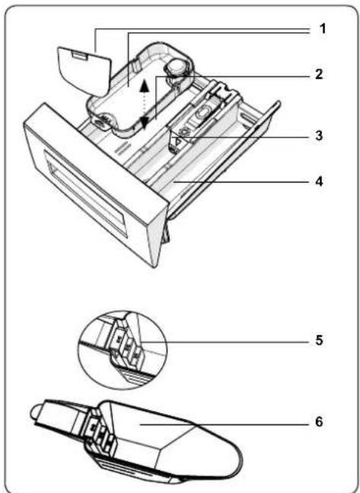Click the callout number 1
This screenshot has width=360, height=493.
[322, 29]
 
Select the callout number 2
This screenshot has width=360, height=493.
[319, 75]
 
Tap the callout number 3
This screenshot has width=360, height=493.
[319, 136]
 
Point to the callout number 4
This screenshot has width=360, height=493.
[319, 181]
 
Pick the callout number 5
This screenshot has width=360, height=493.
[319, 340]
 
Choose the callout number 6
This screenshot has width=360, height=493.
[319, 421]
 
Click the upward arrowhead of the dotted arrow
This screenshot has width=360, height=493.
[144, 85]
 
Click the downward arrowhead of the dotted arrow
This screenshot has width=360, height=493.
[144, 122]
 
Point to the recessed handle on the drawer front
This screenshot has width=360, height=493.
[85, 192]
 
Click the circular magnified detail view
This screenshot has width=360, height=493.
[123, 350]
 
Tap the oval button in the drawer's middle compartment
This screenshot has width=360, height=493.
[204, 113]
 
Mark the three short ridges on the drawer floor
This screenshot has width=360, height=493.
[122, 147]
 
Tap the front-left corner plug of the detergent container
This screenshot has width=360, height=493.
[102, 120]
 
